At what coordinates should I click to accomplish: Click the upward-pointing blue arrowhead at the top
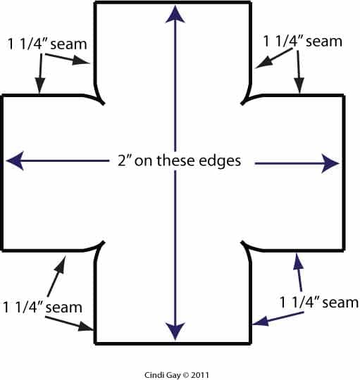[175, 15]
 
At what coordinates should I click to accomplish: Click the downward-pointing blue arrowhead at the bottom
[175, 331]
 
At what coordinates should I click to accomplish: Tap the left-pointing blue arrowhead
[15, 160]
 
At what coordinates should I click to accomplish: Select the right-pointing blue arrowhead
[330, 163]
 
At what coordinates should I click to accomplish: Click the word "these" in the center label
[175, 160]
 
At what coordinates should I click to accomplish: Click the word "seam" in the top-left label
[68, 44]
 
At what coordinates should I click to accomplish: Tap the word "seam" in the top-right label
[324, 42]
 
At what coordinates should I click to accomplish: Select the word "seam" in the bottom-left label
[64, 308]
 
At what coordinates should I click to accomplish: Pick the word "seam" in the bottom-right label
[340, 303]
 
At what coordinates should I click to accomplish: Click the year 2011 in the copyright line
[200, 375]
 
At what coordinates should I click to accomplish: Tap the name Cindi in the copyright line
[153, 375]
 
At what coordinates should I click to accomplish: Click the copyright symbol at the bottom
[186, 375]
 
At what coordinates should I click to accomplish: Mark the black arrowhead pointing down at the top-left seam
[40, 86]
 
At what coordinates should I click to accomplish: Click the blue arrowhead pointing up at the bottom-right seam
[298, 261]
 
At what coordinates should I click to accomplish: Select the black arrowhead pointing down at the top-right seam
[299, 85]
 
